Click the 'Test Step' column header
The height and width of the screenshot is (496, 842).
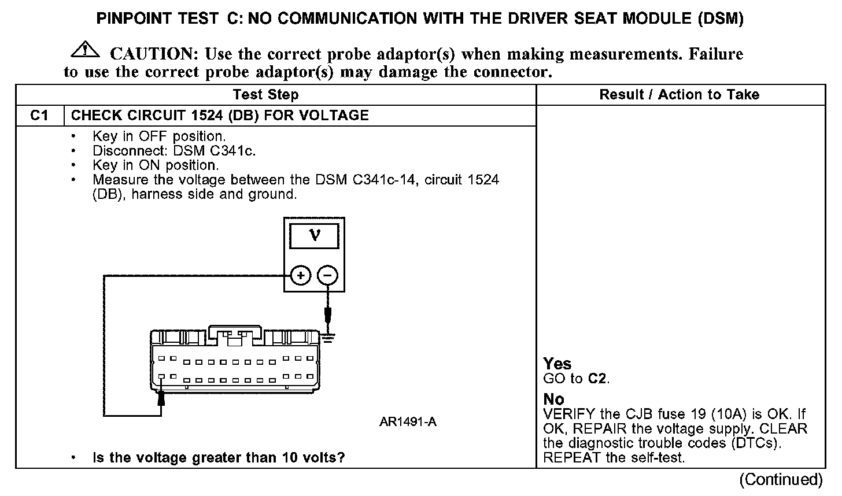point(265,95)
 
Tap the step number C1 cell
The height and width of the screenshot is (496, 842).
point(39,116)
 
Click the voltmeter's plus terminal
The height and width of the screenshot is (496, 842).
point(300,275)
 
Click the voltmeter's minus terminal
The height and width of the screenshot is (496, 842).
point(327,275)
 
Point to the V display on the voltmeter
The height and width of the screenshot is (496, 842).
point(315,236)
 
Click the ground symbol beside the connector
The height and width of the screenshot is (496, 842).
point(329,337)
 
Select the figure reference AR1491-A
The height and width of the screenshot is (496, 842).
point(408,422)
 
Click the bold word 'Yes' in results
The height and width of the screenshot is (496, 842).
point(557,364)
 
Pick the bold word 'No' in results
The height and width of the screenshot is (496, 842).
point(553,399)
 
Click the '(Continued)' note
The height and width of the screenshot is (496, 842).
point(781,480)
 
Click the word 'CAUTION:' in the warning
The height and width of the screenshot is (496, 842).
point(154,54)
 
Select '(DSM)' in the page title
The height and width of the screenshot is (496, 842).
point(720,18)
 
